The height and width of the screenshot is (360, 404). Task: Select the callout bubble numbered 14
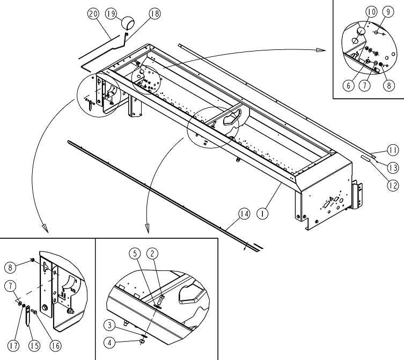(244, 214)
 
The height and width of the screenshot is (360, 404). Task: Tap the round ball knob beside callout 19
(129, 23)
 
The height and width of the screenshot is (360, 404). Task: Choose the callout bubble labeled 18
(155, 14)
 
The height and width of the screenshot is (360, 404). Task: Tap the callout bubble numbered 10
(371, 11)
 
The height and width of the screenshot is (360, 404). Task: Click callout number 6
(349, 85)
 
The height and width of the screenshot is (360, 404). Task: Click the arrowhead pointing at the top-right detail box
(321, 49)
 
